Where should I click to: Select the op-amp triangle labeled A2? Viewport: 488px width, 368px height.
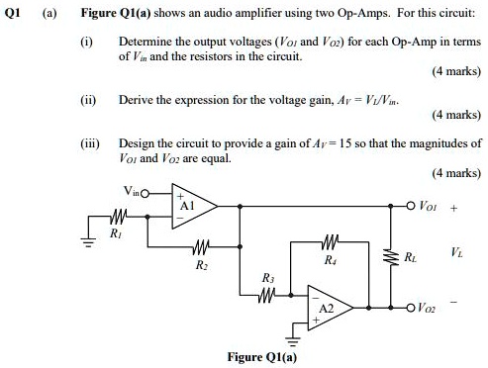click(x=327, y=306)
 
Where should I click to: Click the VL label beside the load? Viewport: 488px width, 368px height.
click(x=456, y=255)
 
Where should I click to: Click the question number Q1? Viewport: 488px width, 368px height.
click(x=13, y=11)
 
